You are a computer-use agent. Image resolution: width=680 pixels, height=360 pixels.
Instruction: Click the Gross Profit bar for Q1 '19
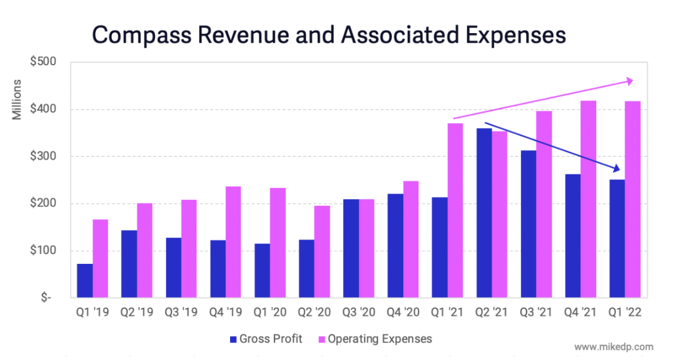(85, 281)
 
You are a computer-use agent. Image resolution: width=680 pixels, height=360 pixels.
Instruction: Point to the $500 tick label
(44, 62)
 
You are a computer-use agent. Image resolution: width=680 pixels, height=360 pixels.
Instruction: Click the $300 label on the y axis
(44, 156)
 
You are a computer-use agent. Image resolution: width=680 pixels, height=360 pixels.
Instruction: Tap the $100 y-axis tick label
(44, 251)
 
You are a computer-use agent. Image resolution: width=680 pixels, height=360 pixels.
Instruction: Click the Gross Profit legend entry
(266, 339)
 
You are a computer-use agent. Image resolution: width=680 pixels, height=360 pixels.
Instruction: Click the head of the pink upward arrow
(629, 82)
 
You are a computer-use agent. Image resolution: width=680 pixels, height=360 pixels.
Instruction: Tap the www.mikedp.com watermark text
(614, 347)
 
